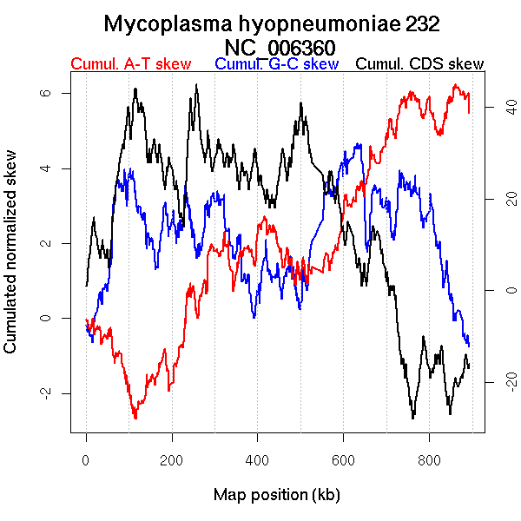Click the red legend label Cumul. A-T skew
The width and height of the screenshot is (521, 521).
(130, 64)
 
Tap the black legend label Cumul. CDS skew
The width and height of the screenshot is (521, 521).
(420, 64)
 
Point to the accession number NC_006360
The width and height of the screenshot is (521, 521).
(280, 47)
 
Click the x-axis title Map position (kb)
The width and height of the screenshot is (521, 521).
(276, 495)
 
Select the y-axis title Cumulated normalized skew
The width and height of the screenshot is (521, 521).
(11, 261)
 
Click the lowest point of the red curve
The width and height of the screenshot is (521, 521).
(135, 419)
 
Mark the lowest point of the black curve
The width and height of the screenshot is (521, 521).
(413, 419)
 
